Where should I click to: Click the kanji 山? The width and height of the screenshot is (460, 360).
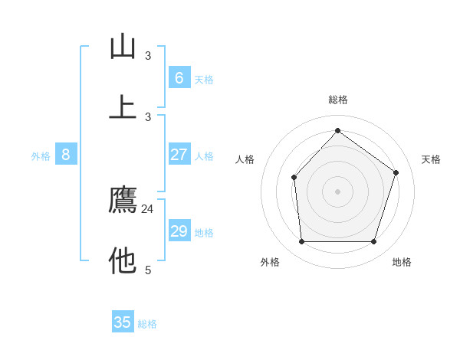point(123,47)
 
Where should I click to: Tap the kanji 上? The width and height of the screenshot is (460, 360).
point(123,107)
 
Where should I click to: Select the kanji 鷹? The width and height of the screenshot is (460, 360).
point(123,200)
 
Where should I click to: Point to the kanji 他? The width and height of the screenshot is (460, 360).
point(123,261)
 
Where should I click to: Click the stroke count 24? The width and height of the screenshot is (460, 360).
point(148,209)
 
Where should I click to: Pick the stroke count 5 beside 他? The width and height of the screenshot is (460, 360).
point(148,270)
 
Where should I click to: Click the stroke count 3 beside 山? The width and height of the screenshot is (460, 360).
point(148,56)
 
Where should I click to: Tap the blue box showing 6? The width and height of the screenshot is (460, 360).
point(179,78)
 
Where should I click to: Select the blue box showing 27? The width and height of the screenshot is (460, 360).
point(179,155)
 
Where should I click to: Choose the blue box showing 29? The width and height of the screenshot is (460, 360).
point(179,231)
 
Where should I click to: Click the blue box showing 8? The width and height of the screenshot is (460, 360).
point(66,155)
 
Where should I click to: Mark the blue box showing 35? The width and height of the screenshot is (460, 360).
point(123,322)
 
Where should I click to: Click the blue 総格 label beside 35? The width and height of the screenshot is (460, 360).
point(148,324)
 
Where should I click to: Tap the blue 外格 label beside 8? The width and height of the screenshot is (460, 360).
point(41,156)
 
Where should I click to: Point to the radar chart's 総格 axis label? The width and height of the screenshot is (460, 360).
point(338,100)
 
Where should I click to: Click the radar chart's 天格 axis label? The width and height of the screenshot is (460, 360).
point(431,159)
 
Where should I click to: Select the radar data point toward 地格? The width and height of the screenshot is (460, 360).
point(373,242)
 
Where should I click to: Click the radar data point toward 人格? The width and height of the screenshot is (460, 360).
point(294,178)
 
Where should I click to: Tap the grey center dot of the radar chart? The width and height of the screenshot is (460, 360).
point(338,191)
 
